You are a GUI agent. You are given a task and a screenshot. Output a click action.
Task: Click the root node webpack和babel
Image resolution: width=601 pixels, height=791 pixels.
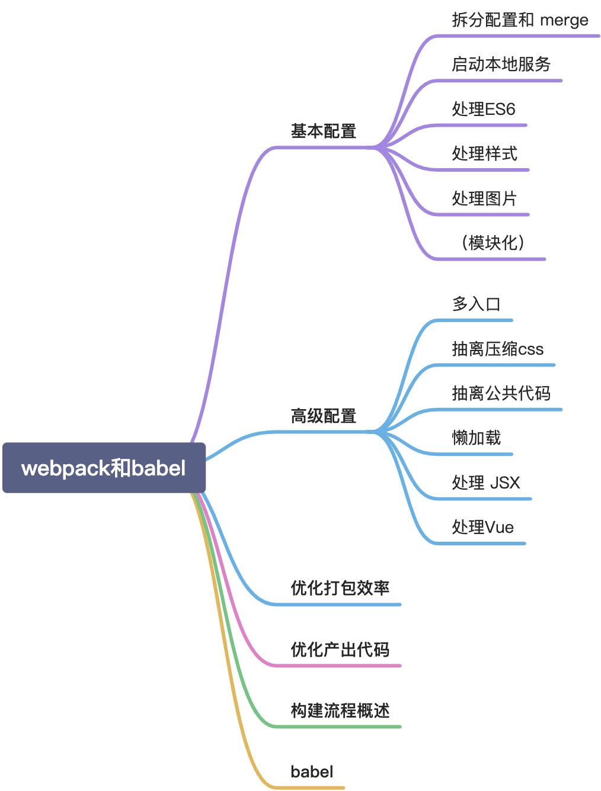pyautogui.click(x=104, y=468)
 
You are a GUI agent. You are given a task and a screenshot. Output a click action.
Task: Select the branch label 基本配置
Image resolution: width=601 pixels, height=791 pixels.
pyautogui.click(x=323, y=131)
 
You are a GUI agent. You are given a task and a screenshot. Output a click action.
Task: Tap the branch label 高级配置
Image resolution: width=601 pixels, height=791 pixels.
pyautogui.click(x=323, y=416)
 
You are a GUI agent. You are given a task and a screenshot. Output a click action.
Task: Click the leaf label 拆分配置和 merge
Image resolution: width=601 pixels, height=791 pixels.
pyautogui.click(x=520, y=20)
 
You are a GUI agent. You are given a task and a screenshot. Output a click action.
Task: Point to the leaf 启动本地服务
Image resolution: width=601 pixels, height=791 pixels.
pyautogui.click(x=501, y=64)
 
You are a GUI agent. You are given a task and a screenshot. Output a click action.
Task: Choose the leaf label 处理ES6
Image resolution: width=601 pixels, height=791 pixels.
pyautogui.click(x=483, y=109)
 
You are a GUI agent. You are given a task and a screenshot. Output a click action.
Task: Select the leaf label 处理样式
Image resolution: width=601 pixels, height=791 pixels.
pyautogui.click(x=484, y=153)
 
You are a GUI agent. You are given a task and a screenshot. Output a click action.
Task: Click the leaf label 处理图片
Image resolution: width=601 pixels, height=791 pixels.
pyautogui.click(x=484, y=198)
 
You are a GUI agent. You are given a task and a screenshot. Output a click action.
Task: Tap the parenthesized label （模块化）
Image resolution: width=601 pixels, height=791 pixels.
pyautogui.click(x=493, y=243)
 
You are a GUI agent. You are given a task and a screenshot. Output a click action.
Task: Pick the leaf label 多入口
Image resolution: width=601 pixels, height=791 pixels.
pyautogui.click(x=476, y=304)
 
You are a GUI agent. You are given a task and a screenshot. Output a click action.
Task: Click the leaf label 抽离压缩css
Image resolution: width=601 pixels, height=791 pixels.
pyautogui.click(x=497, y=349)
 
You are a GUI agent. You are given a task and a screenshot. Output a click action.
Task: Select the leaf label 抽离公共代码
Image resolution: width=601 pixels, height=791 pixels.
pyautogui.click(x=501, y=393)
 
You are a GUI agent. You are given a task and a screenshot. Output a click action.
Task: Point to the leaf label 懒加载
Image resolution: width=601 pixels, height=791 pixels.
pyautogui.click(x=476, y=438)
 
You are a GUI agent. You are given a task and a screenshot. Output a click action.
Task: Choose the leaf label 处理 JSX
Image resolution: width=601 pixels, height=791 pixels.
pyautogui.click(x=485, y=483)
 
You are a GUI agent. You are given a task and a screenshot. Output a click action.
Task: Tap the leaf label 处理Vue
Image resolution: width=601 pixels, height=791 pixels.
pyautogui.click(x=482, y=527)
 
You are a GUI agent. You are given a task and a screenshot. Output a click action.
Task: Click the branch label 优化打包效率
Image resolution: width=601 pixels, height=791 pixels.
pyautogui.click(x=340, y=588)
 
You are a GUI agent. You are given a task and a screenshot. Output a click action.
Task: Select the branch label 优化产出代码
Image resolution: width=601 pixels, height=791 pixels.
pyautogui.click(x=340, y=649)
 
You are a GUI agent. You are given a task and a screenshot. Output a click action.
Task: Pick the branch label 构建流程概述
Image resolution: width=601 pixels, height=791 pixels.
pyautogui.click(x=340, y=710)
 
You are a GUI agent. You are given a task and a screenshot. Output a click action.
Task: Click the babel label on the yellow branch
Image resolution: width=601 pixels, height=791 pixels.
pyautogui.click(x=312, y=772)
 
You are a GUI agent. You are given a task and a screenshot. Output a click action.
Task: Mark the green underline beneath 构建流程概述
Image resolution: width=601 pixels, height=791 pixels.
pyautogui.click(x=338, y=726)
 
